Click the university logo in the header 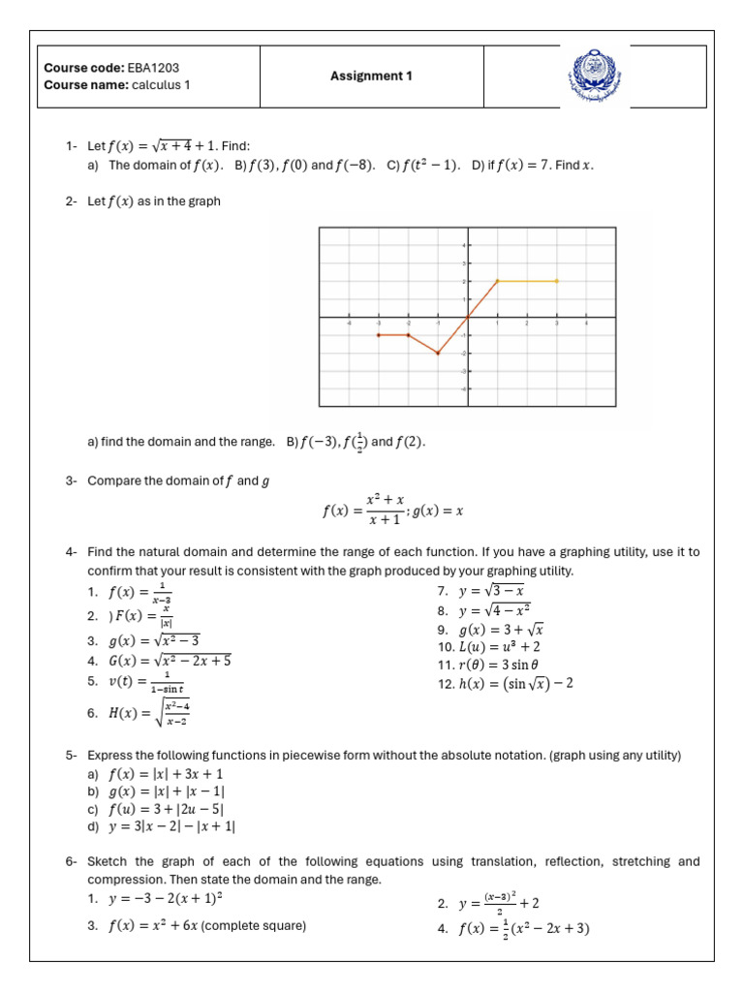click(x=595, y=76)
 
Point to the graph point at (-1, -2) click(x=438, y=354)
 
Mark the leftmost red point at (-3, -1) click(x=379, y=335)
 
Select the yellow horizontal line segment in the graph click(x=527, y=281)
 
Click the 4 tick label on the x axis click(x=586, y=324)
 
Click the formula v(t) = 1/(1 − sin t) click(x=146, y=682)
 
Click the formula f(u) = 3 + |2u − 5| click(x=167, y=809)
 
